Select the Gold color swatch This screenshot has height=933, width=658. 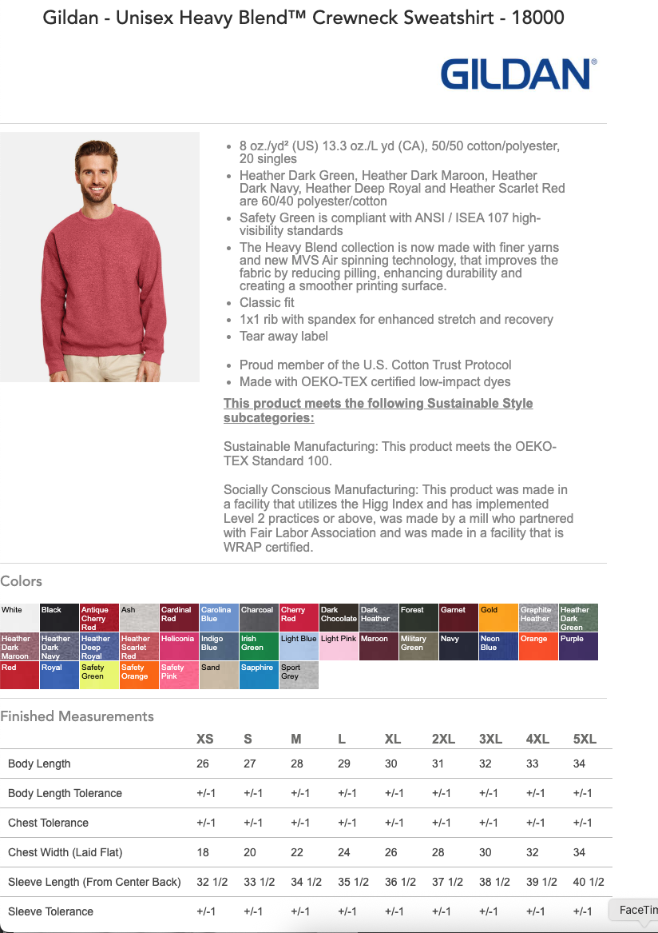[x=498, y=617]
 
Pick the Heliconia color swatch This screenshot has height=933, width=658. [x=179, y=647]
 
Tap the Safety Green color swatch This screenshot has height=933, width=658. [x=99, y=676]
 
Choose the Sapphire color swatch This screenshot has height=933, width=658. [x=259, y=676]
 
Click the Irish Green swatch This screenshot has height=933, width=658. [x=259, y=647]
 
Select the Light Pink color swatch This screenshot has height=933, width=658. [x=339, y=647]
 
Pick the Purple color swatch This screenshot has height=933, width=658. [x=578, y=647]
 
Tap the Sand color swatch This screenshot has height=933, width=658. [x=219, y=676]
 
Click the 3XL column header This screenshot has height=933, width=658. [x=490, y=739]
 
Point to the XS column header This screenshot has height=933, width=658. [x=205, y=739]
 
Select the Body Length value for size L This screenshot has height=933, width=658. [x=344, y=764]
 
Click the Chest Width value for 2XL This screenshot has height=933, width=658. [x=438, y=852]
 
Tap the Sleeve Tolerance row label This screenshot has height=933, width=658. [x=50, y=911]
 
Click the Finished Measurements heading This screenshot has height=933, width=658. [x=77, y=716]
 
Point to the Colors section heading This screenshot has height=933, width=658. [x=22, y=581]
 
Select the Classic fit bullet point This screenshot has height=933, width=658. [x=267, y=303]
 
